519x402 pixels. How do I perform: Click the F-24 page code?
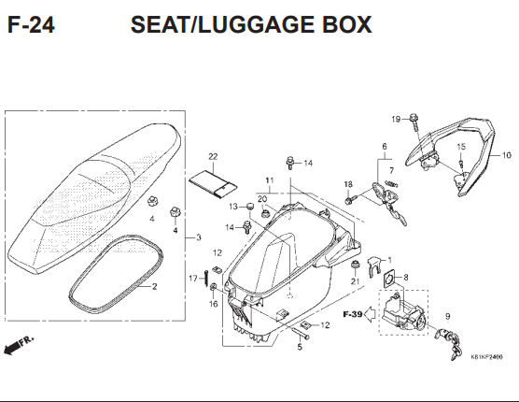[30, 25]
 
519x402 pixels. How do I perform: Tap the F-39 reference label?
[352, 314]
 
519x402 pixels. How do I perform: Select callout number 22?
[213, 156]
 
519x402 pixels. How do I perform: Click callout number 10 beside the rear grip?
[507, 155]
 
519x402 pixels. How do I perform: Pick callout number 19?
[395, 119]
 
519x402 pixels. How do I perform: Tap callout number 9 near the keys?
[446, 317]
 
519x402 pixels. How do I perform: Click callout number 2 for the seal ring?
[155, 286]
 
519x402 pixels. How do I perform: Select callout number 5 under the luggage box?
[300, 348]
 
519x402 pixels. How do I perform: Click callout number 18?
[347, 184]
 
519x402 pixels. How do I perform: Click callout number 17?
[192, 279]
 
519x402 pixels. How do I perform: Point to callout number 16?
[213, 304]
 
